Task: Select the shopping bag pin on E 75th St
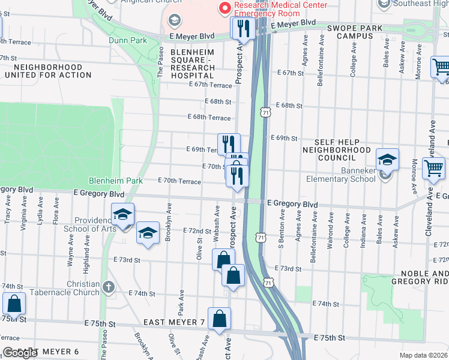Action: (220, 319)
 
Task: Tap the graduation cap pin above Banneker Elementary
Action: (387, 160)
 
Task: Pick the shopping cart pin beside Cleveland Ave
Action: (433, 168)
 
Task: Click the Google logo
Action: (20, 353)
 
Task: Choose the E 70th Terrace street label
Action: (179, 181)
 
